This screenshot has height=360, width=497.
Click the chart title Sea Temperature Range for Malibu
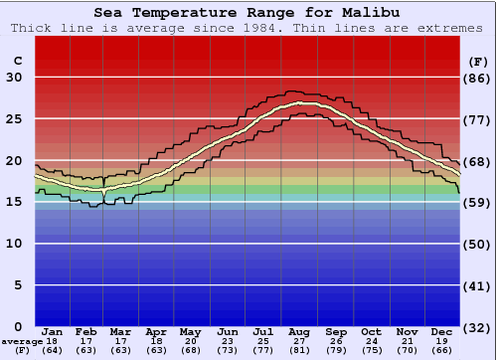click(248, 13)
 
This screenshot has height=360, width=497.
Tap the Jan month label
click(53, 331)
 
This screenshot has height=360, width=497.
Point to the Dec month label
click(442, 331)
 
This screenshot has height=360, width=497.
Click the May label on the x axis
click(189, 331)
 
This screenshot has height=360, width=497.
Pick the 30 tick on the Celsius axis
click(14, 78)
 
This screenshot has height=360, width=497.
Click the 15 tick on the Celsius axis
click(14, 202)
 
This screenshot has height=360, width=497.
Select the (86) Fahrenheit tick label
click(477, 78)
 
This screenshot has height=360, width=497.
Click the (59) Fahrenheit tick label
click(477, 202)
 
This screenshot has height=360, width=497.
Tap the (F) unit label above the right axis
click(476, 61)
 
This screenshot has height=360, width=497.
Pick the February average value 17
click(86, 341)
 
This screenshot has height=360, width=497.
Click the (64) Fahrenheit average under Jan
click(53, 350)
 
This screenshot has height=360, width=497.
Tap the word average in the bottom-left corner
click(21, 341)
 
